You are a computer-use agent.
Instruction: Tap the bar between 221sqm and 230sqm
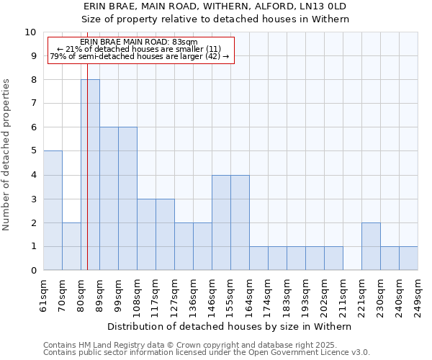coord(371,246)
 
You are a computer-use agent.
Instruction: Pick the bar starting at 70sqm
coord(71,246)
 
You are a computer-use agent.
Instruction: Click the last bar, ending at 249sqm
coord(408,258)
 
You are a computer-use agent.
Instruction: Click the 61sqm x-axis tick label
coord(44,295)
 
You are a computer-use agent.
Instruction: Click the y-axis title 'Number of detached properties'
coord(7,155)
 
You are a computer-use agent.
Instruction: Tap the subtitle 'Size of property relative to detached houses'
coord(215,19)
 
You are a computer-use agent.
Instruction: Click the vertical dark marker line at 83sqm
coord(87,180)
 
